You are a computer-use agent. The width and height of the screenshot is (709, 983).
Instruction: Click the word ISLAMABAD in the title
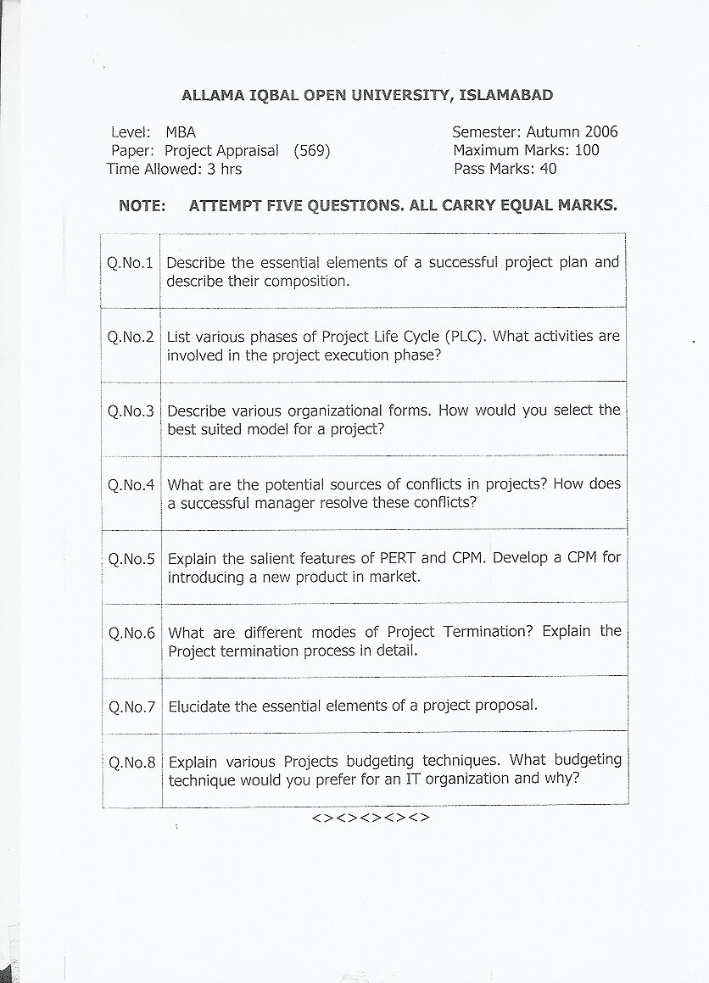(x=505, y=96)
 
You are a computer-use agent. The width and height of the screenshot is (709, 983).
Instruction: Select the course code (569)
(x=311, y=151)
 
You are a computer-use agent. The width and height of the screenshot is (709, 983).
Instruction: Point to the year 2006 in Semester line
(x=600, y=131)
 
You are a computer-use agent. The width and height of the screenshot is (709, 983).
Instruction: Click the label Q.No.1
(x=131, y=263)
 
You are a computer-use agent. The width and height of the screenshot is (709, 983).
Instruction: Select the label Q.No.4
(x=131, y=486)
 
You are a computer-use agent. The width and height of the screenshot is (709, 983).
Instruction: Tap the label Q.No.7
(x=131, y=706)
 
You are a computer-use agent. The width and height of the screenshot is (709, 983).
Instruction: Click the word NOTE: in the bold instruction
(x=142, y=206)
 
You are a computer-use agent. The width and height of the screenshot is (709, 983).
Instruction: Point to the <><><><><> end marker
(x=371, y=818)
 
